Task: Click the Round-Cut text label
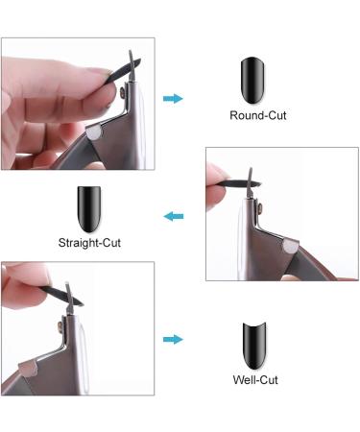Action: (258, 116)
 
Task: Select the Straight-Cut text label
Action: (91, 243)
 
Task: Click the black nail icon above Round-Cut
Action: (252, 80)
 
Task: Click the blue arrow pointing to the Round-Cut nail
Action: (173, 98)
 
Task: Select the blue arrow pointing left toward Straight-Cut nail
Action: (174, 217)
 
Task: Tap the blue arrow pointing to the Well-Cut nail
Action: (173, 339)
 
